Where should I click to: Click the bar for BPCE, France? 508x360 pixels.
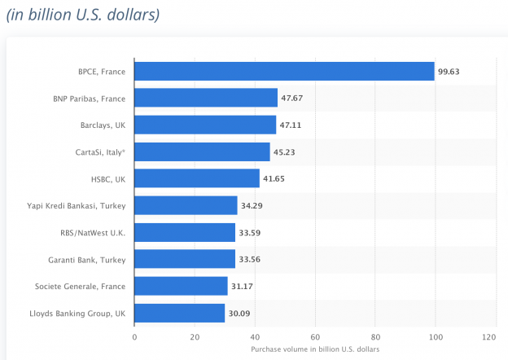coord(284,72)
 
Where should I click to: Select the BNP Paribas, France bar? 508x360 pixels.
coord(206,99)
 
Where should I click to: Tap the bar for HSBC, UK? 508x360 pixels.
coord(197,178)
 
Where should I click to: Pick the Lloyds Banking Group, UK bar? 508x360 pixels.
coord(179,313)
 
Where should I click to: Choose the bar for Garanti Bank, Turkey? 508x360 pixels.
coord(185,259)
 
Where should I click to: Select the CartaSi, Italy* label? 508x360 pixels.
coord(100,152)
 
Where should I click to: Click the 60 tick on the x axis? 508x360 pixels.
coord(315,336)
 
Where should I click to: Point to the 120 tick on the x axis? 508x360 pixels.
coord(489,336)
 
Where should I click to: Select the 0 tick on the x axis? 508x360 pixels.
coord(134,336)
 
